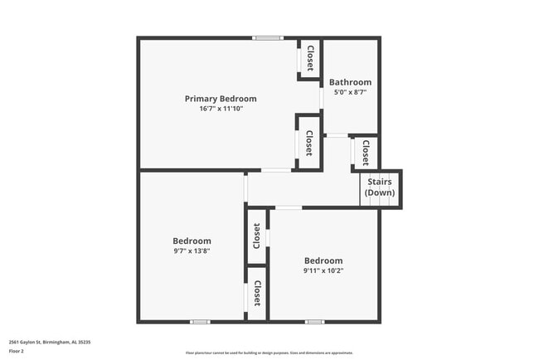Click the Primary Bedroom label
point(221,99)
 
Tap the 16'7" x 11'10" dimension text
point(221,109)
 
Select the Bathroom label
point(350,82)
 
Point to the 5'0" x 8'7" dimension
point(350,92)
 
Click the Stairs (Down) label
point(380,187)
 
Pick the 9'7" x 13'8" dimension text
point(192,251)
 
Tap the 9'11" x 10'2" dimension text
point(323,270)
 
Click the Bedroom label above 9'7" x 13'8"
point(192,241)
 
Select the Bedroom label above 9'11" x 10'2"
point(323,260)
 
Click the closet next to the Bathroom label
point(310,58)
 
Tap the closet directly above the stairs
point(366,152)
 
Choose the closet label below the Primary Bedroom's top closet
point(309,144)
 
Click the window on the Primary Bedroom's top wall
point(268,37)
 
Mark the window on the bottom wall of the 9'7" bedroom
point(200,321)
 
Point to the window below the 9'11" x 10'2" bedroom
point(313,321)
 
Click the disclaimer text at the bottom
point(269,352)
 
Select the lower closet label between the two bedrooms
point(257,293)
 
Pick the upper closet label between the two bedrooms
point(257,236)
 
